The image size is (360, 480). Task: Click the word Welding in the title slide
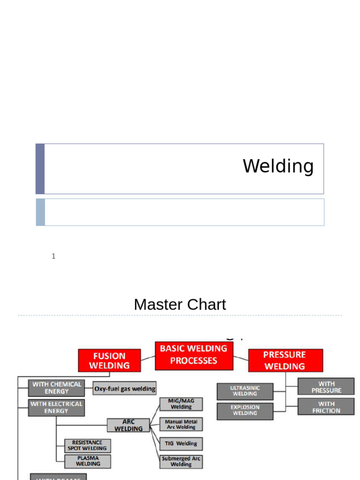(x=278, y=166)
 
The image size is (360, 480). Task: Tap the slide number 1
(x=53, y=256)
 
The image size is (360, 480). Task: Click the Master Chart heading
(x=180, y=305)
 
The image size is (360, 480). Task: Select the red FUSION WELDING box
(x=109, y=360)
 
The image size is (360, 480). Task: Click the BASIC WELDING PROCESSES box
(x=194, y=355)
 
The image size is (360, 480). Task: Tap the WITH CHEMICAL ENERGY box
(x=57, y=388)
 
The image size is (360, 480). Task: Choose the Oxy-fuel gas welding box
(x=125, y=389)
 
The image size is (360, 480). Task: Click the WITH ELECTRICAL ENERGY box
(x=56, y=407)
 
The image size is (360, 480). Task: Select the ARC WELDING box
(x=128, y=425)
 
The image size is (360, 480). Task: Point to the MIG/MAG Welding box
(x=181, y=404)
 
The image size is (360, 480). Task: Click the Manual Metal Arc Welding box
(x=181, y=424)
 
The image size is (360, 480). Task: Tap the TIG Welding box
(x=181, y=443)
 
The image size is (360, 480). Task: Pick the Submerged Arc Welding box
(x=181, y=461)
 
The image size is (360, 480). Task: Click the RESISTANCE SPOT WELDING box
(x=88, y=445)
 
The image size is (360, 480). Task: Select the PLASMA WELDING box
(x=88, y=461)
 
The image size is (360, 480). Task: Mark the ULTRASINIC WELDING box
(x=245, y=391)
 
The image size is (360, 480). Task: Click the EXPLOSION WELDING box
(x=245, y=411)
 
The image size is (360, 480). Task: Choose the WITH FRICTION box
(x=326, y=407)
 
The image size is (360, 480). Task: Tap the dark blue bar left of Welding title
(x=40, y=169)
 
